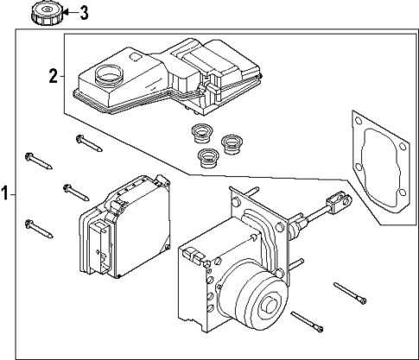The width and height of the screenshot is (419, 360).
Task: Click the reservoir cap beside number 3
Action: coord(43,13)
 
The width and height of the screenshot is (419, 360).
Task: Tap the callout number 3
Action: coord(84,13)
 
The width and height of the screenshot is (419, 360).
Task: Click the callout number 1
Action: coord(5,194)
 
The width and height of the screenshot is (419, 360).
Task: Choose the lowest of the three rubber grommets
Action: coord(208,157)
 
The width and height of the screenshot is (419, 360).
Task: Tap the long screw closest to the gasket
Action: coord(350,294)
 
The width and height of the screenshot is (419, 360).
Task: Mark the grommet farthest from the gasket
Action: coord(201,133)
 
